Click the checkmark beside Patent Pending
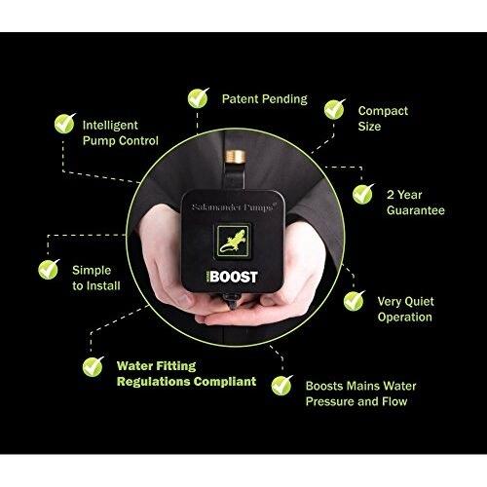click(198, 97)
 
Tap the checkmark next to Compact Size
click(335, 108)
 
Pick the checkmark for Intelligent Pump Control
click(64, 124)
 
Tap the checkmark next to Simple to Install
click(47, 268)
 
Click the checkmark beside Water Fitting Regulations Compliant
click(93, 366)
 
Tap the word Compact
click(384, 111)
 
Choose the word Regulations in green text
click(153, 382)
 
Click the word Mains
click(348, 385)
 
